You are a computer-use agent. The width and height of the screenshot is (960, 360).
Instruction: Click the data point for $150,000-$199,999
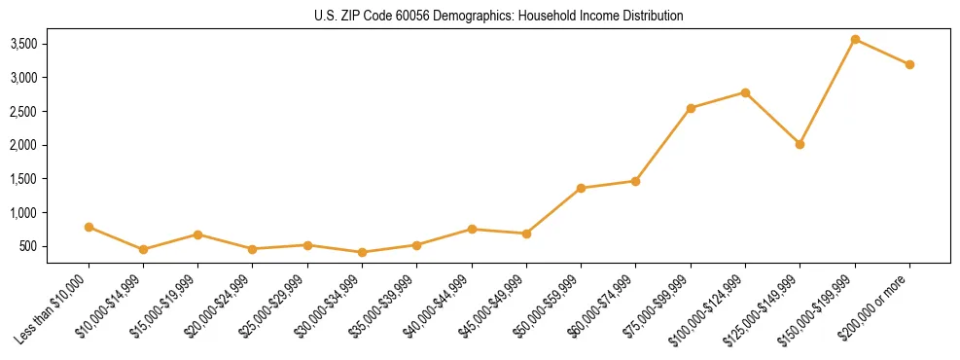[x=855, y=39]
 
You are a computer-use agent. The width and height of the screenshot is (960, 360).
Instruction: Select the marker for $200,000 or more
[x=909, y=64]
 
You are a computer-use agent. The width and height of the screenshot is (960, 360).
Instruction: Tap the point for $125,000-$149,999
[x=800, y=144]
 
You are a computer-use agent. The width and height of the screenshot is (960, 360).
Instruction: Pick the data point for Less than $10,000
[x=89, y=227]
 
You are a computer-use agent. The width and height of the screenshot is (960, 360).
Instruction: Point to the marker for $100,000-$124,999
[x=745, y=92]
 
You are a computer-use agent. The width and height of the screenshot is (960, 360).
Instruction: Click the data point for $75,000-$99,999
[x=691, y=108]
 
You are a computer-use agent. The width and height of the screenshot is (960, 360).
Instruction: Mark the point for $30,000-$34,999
[x=362, y=252]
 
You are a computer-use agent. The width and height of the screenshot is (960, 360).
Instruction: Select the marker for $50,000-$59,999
[x=581, y=188]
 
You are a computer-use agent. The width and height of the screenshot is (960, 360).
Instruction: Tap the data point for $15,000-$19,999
[x=197, y=234]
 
